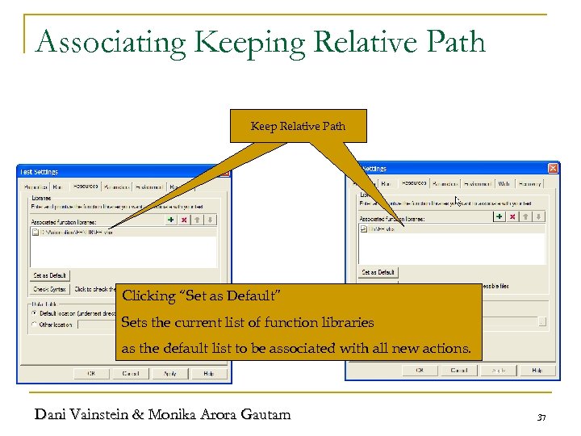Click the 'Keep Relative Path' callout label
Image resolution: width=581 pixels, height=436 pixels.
click(298, 126)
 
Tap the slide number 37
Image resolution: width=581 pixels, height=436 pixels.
click(541, 417)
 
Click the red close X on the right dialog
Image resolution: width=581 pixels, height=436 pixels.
click(553, 168)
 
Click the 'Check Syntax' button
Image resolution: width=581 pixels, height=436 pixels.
click(50, 288)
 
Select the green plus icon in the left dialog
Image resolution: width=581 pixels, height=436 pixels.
click(170, 219)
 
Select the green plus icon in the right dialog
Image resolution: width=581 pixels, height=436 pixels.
click(499, 216)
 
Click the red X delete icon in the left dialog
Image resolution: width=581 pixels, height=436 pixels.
click(184, 219)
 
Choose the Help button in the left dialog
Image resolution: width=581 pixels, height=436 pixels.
click(209, 373)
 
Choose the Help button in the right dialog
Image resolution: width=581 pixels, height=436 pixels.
click(537, 370)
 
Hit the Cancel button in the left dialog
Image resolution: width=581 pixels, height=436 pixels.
click(132, 373)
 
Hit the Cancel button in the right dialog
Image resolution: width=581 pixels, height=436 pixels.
click(459, 370)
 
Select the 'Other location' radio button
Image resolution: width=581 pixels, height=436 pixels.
click(33, 325)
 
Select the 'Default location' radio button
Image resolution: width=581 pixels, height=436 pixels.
click(33, 312)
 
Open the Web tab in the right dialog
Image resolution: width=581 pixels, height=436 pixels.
click(504, 183)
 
